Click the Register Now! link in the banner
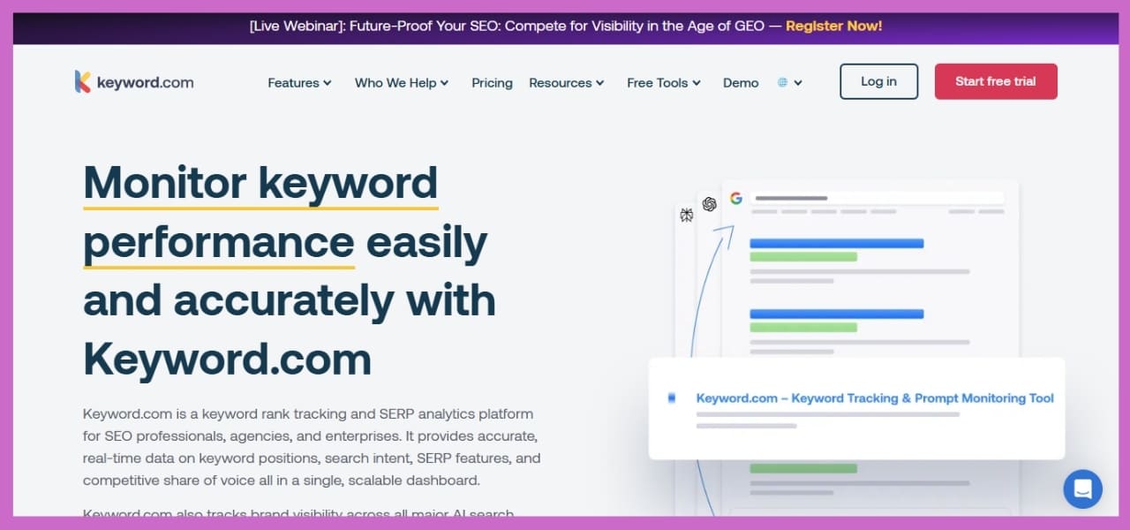[833, 26]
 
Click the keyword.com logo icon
[83, 82]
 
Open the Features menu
[299, 83]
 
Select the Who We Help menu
[402, 83]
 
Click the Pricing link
[492, 83]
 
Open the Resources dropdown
[566, 83]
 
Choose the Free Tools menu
[663, 83]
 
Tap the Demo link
[741, 83]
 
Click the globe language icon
[782, 83]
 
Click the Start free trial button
[995, 81]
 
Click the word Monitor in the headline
[164, 183]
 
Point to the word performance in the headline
[218, 242]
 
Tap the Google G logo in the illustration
[735, 199]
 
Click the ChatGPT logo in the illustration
[709, 204]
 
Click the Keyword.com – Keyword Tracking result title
[874, 398]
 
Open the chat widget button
[1082, 488]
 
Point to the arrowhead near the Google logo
[729, 229]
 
